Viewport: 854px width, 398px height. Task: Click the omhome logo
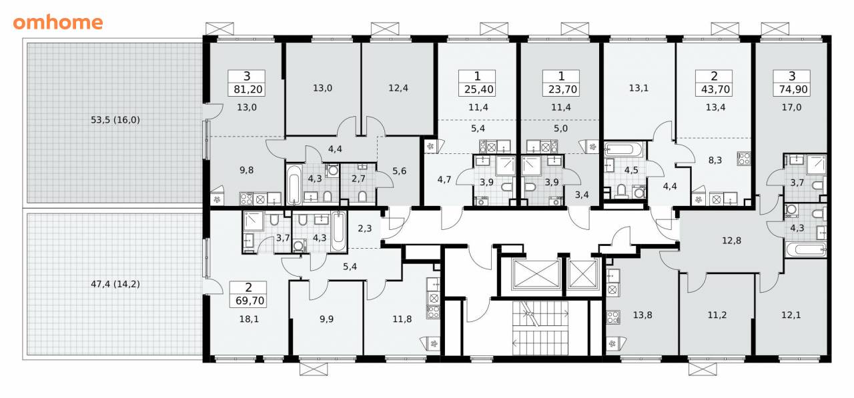click(x=58, y=23)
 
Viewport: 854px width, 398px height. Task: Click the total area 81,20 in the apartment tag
click(x=248, y=89)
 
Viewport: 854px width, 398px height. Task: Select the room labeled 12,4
click(x=398, y=88)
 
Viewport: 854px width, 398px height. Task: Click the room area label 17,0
click(x=791, y=107)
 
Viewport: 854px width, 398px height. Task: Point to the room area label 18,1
click(x=249, y=319)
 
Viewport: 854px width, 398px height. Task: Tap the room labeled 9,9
click(x=326, y=319)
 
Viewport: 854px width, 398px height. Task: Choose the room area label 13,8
click(x=643, y=315)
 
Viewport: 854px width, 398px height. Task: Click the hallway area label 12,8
click(x=732, y=241)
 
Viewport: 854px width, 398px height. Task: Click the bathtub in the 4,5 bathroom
click(x=623, y=149)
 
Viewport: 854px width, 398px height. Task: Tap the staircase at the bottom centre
click(x=540, y=328)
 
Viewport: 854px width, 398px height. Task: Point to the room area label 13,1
click(x=638, y=88)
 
